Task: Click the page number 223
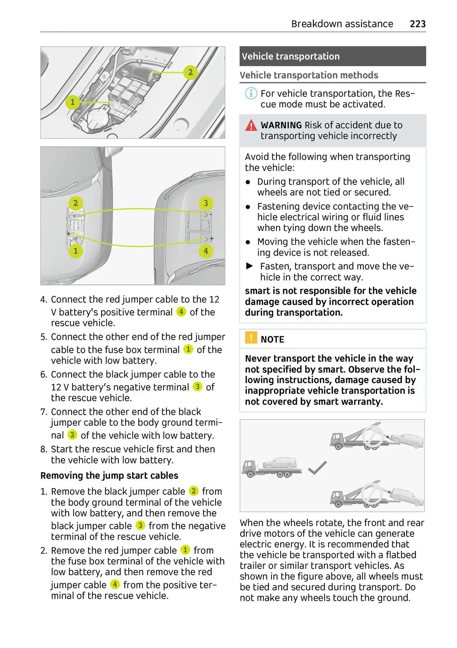click(417, 24)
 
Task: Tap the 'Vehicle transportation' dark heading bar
click(332, 56)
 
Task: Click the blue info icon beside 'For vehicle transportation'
click(251, 93)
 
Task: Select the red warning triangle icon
click(251, 125)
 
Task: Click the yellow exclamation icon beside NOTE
click(251, 338)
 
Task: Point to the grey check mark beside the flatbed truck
click(317, 468)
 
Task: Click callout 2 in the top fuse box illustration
click(190, 72)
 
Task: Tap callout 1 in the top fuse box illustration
click(72, 102)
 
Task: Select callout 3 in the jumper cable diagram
click(206, 203)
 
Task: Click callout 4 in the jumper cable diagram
click(206, 251)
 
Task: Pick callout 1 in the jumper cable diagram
click(75, 251)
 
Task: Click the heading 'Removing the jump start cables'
click(109, 476)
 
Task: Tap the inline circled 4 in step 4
click(181, 312)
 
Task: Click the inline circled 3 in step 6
click(197, 387)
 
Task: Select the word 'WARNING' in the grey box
click(281, 125)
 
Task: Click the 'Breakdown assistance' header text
click(342, 24)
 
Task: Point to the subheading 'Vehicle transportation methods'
click(309, 75)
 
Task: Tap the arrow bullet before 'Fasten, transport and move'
click(250, 266)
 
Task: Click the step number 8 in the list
click(44, 449)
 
